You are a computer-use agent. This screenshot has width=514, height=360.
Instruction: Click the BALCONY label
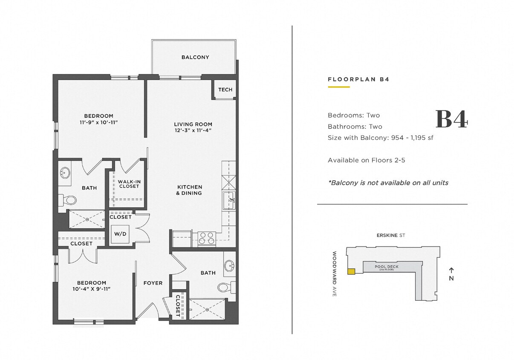click(195, 57)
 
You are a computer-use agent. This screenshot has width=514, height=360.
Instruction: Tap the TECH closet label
click(225, 90)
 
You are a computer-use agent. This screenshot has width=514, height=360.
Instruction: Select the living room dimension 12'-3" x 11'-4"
click(193, 131)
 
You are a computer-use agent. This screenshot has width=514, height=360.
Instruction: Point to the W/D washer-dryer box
click(119, 234)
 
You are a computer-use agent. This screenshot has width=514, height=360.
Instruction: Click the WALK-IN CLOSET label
click(129, 184)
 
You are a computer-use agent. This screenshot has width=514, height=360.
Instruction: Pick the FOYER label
click(153, 283)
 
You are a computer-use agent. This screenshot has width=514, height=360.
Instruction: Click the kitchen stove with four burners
click(207, 238)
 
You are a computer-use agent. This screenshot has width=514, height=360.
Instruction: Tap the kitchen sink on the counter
click(228, 200)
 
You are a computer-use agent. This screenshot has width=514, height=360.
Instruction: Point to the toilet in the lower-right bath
click(225, 287)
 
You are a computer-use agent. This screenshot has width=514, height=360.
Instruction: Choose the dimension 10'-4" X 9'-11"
click(92, 289)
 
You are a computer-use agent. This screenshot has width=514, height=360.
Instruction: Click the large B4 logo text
click(451, 119)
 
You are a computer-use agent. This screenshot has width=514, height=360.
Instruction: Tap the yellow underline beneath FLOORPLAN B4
click(338, 87)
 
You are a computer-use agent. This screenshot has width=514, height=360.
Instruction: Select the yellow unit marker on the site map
click(351, 271)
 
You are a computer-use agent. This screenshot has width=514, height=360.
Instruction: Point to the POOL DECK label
click(387, 267)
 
